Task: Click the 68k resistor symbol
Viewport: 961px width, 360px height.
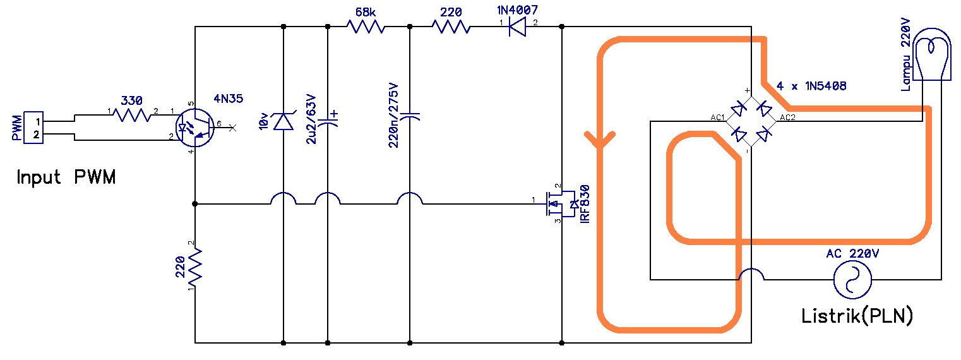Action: pyautogui.click(x=366, y=27)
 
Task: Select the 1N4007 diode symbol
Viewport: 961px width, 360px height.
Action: pyautogui.click(x=518, y=27)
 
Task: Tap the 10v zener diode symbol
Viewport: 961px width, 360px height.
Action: pyautogui.click(x=282, y=120)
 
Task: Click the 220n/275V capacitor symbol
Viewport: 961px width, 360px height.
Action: pyautogui.click(x=410, y=116)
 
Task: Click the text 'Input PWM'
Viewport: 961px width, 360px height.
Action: pyautogui.click(x=66, y=177)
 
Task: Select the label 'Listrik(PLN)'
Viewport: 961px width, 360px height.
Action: pyautogui.click(x=857, y=315)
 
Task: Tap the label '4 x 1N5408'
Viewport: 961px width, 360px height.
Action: pyautogui.click(x=811, y=85)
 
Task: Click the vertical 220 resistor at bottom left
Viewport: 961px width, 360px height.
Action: pyautogui.click(x=195, y=266)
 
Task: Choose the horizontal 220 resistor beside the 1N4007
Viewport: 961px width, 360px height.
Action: pyautogui.click(x=451, y=27)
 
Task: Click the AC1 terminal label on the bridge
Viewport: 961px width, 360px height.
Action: pyautogui.click(x=717, y=117)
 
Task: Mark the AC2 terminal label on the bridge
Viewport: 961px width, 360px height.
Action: pyautogui.click(x=788, y=117)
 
